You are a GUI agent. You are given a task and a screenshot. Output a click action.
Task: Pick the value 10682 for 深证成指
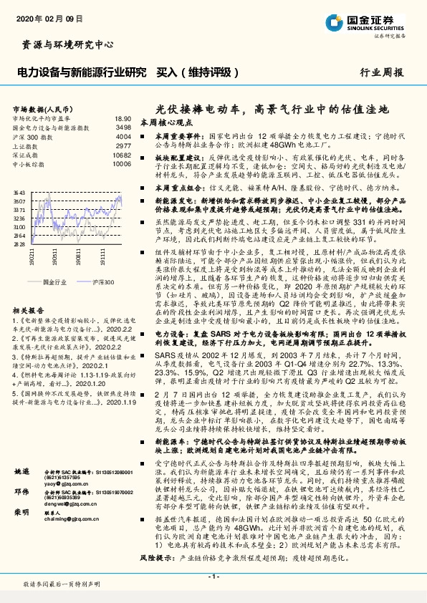tap(122, 154)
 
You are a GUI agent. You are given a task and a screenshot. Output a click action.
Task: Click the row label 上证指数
tap(27, 145)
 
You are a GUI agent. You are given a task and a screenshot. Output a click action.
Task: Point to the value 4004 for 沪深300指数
tap(123, 136)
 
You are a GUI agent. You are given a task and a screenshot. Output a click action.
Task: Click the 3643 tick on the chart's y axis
tap(19, 193)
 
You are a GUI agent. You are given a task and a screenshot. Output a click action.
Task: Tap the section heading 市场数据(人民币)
tap(40, 109)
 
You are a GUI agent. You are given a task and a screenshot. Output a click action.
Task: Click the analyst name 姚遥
tap(22, 513)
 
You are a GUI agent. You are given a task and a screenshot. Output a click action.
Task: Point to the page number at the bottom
tap(213, 577)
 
